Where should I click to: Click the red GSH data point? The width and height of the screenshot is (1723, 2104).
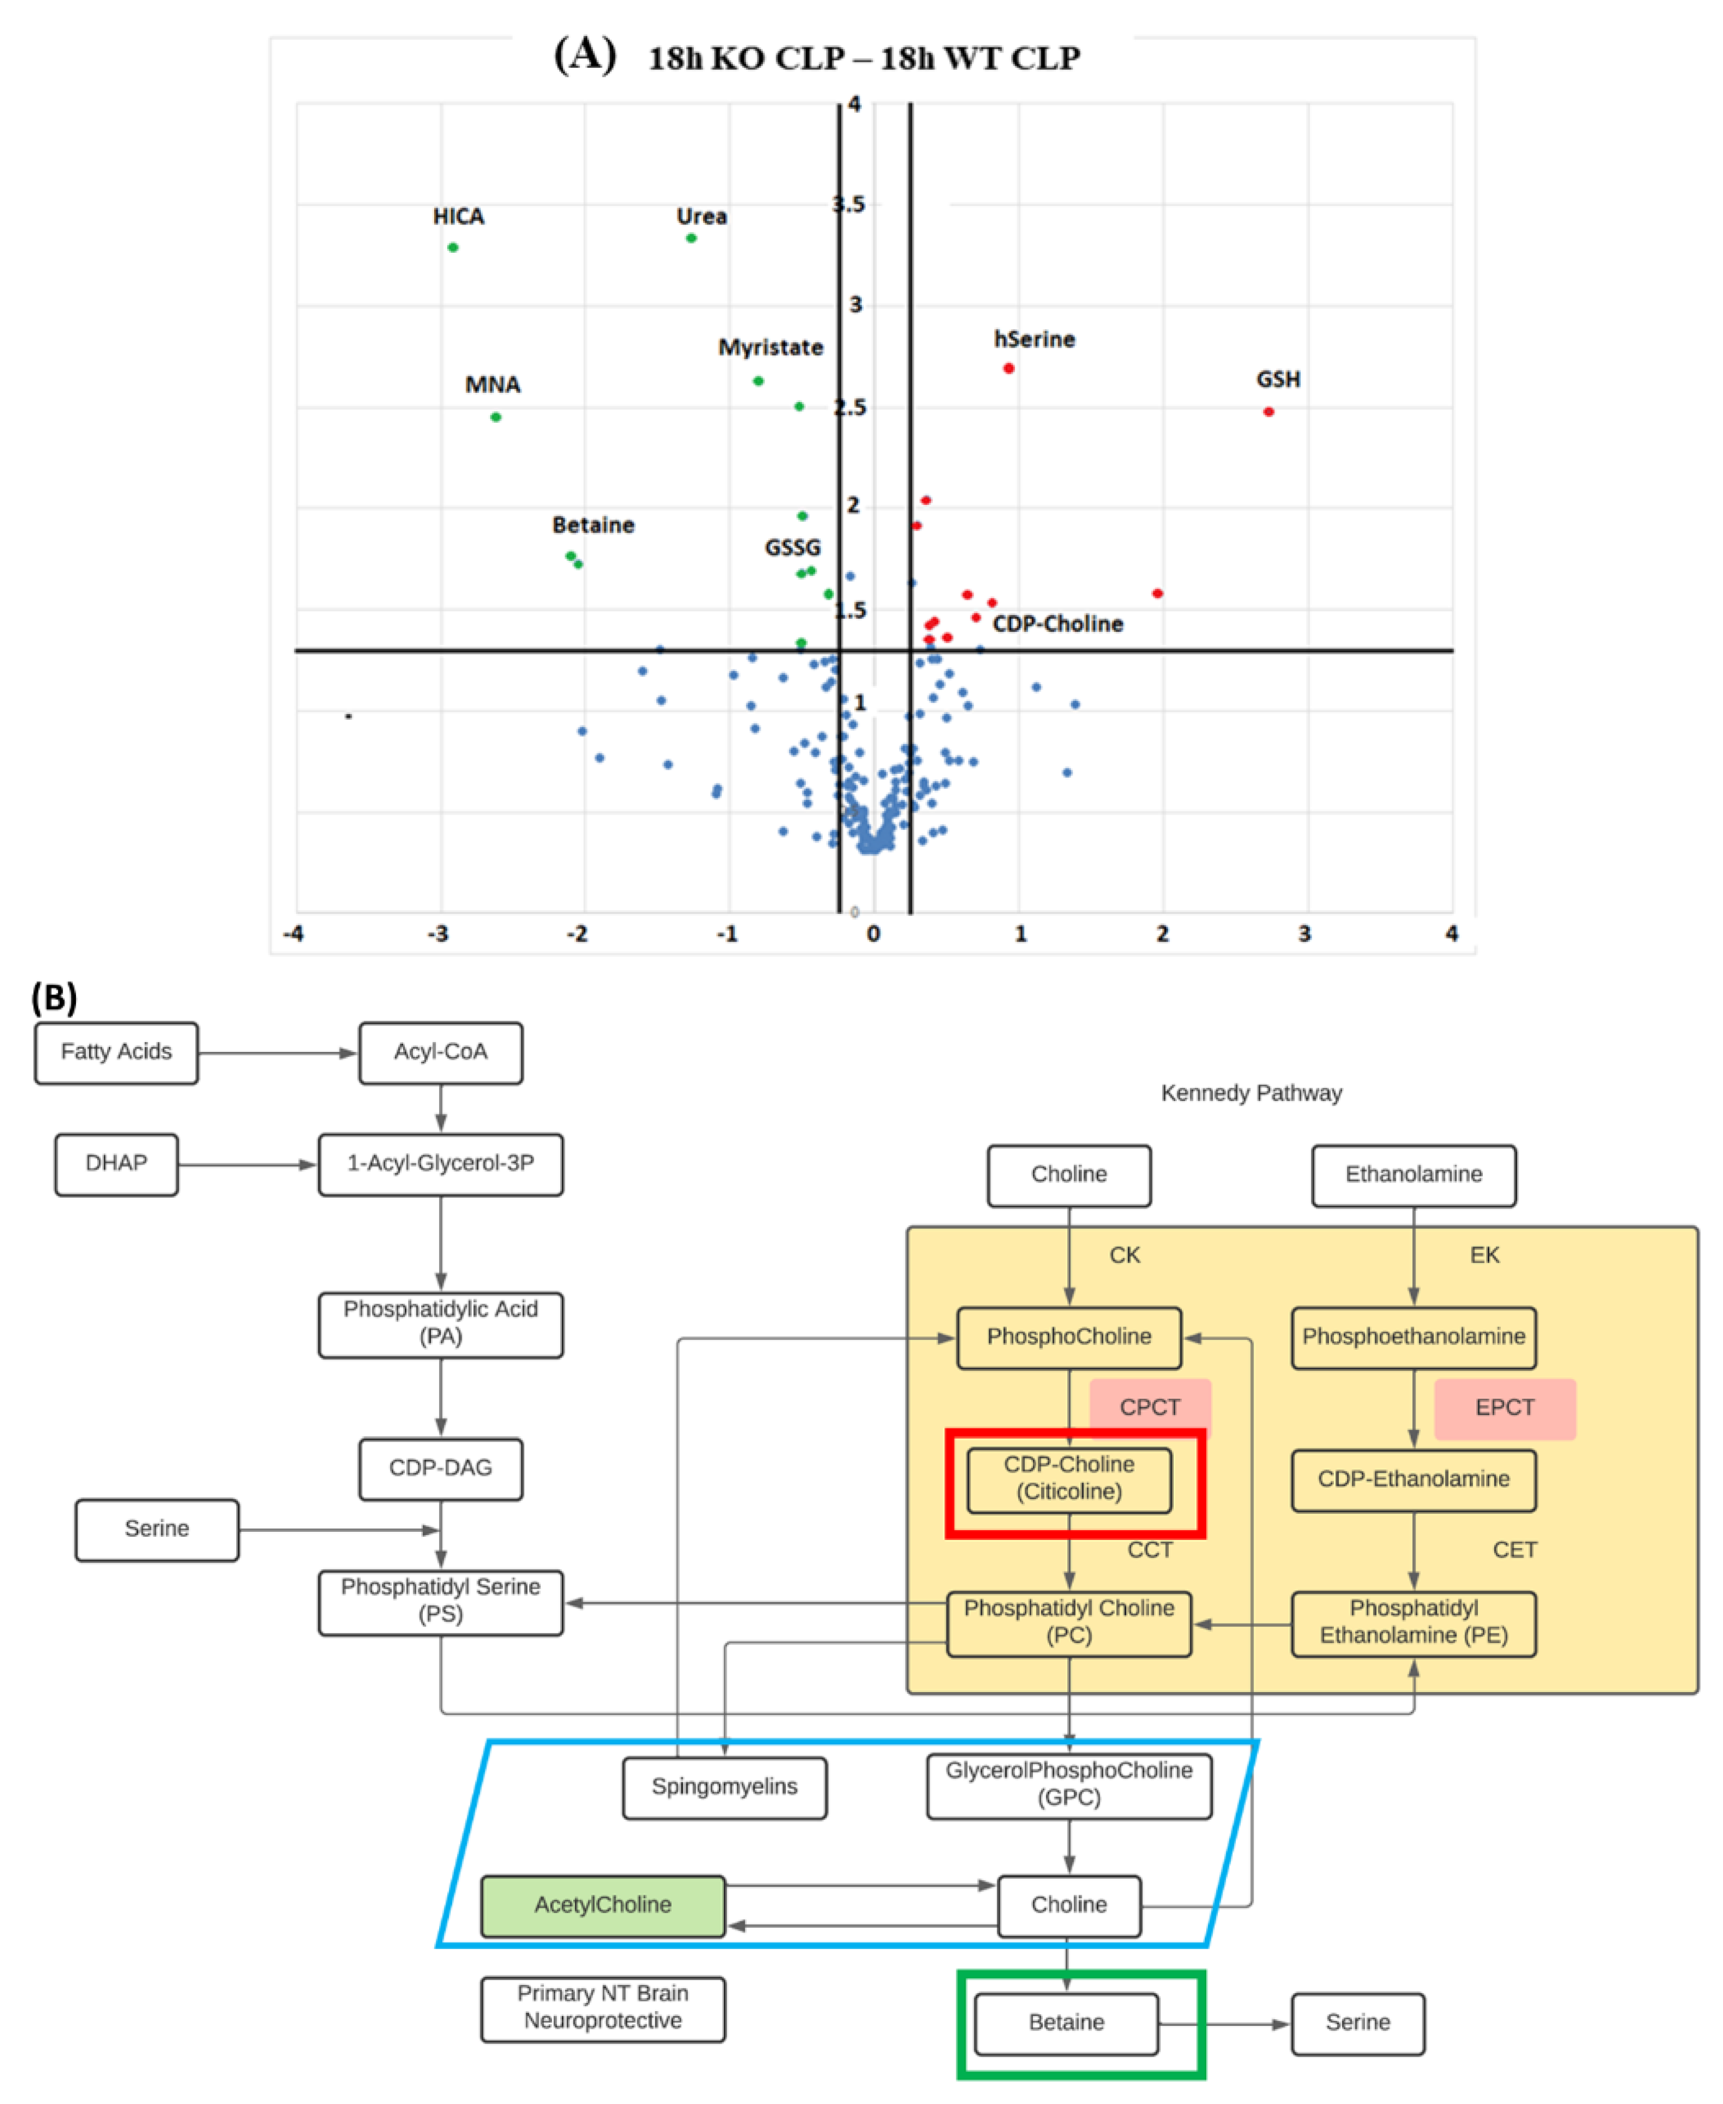1268,412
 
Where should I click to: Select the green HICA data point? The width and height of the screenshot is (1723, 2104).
453,247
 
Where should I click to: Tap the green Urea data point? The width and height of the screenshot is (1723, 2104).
691,238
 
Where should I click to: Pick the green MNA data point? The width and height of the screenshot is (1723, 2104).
495,417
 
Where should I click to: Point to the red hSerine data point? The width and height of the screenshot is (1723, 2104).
1008,368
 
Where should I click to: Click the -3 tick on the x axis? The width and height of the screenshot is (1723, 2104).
438,934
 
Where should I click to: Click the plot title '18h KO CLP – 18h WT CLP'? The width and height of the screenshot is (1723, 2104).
863,59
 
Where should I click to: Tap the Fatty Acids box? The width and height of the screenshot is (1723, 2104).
116,1052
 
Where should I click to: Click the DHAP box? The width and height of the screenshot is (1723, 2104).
116,1163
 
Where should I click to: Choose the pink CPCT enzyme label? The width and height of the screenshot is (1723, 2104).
1149,1407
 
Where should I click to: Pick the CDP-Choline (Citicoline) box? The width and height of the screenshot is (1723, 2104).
1069,1479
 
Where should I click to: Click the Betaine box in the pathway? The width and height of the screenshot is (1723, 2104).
1066,2022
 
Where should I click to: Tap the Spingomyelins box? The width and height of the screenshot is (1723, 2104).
724,1787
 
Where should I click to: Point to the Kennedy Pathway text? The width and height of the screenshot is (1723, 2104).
1251,1093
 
